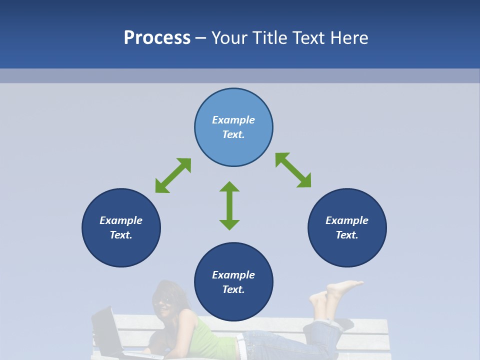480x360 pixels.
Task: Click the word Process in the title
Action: tap(157, 38)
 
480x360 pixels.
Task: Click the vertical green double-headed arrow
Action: tap(229, 205)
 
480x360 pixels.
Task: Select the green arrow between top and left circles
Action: tap(173, 175)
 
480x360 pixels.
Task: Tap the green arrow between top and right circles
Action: tap(293, 170)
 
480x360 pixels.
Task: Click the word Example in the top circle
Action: tap(233, 120)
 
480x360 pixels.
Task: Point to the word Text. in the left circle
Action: tap(121, 235)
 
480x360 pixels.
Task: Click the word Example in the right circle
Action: tap(347, 220)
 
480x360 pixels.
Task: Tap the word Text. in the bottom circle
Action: tap(233, 289)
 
